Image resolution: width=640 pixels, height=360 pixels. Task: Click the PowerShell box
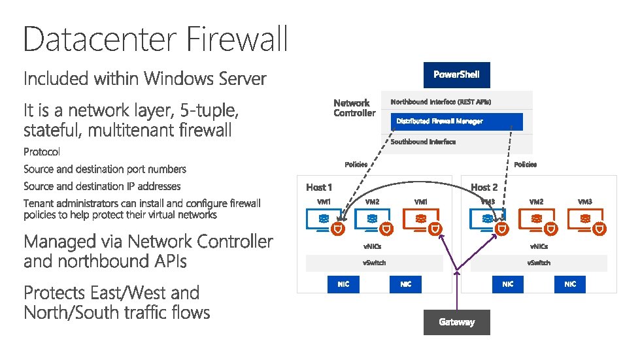coord(456,74)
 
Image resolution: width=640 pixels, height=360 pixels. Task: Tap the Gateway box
coord(456,322)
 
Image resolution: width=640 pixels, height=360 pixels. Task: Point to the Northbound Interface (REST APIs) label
coord(441,102)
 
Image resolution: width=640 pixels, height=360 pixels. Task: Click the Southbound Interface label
coord(423,142)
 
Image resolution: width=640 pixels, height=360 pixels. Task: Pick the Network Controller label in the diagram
coord(354,108)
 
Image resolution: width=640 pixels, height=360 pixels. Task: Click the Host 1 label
coord(319,188)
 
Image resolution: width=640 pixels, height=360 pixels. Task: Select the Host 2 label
coord(484,188)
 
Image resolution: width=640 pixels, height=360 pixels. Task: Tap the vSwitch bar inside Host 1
coord(374,263)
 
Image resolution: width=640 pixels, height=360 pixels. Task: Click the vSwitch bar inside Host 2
coord(539,263)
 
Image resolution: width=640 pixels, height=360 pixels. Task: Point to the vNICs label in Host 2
coord(539,246)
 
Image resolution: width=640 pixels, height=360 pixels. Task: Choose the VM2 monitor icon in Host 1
coord(372,220)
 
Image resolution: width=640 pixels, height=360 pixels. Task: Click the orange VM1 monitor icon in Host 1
coord(421,220)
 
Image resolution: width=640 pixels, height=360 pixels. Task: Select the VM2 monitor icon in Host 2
coord(536,220)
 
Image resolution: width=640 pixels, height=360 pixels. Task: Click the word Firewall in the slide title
coord(237,39)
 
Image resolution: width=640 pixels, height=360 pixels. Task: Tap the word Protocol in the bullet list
coord(42,152)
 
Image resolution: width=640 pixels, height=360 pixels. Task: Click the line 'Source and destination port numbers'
coord(105,169)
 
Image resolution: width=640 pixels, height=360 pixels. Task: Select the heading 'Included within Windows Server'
coord(144,79)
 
